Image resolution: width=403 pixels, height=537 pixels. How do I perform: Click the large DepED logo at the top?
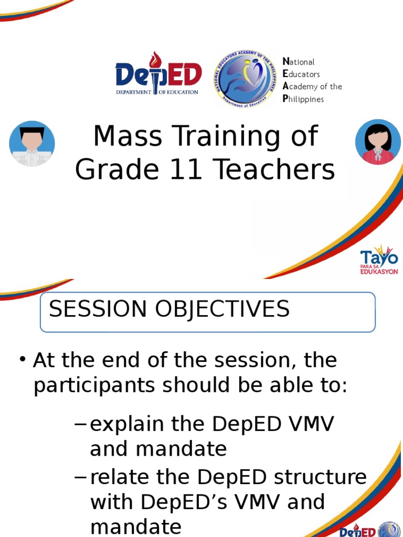(x=158, y=77)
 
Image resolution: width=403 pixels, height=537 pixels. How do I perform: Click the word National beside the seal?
(x=299, y=62)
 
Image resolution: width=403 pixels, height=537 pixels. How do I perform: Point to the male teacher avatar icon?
(x=32, y=144)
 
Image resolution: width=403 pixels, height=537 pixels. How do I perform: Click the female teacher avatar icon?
(x=378, y=142)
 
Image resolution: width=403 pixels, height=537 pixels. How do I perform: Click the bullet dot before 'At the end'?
(x=23, y=360)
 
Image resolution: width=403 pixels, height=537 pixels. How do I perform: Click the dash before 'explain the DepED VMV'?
(x=80, y=425)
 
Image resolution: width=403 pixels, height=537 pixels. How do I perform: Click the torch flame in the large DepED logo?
(x=154, y=59)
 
